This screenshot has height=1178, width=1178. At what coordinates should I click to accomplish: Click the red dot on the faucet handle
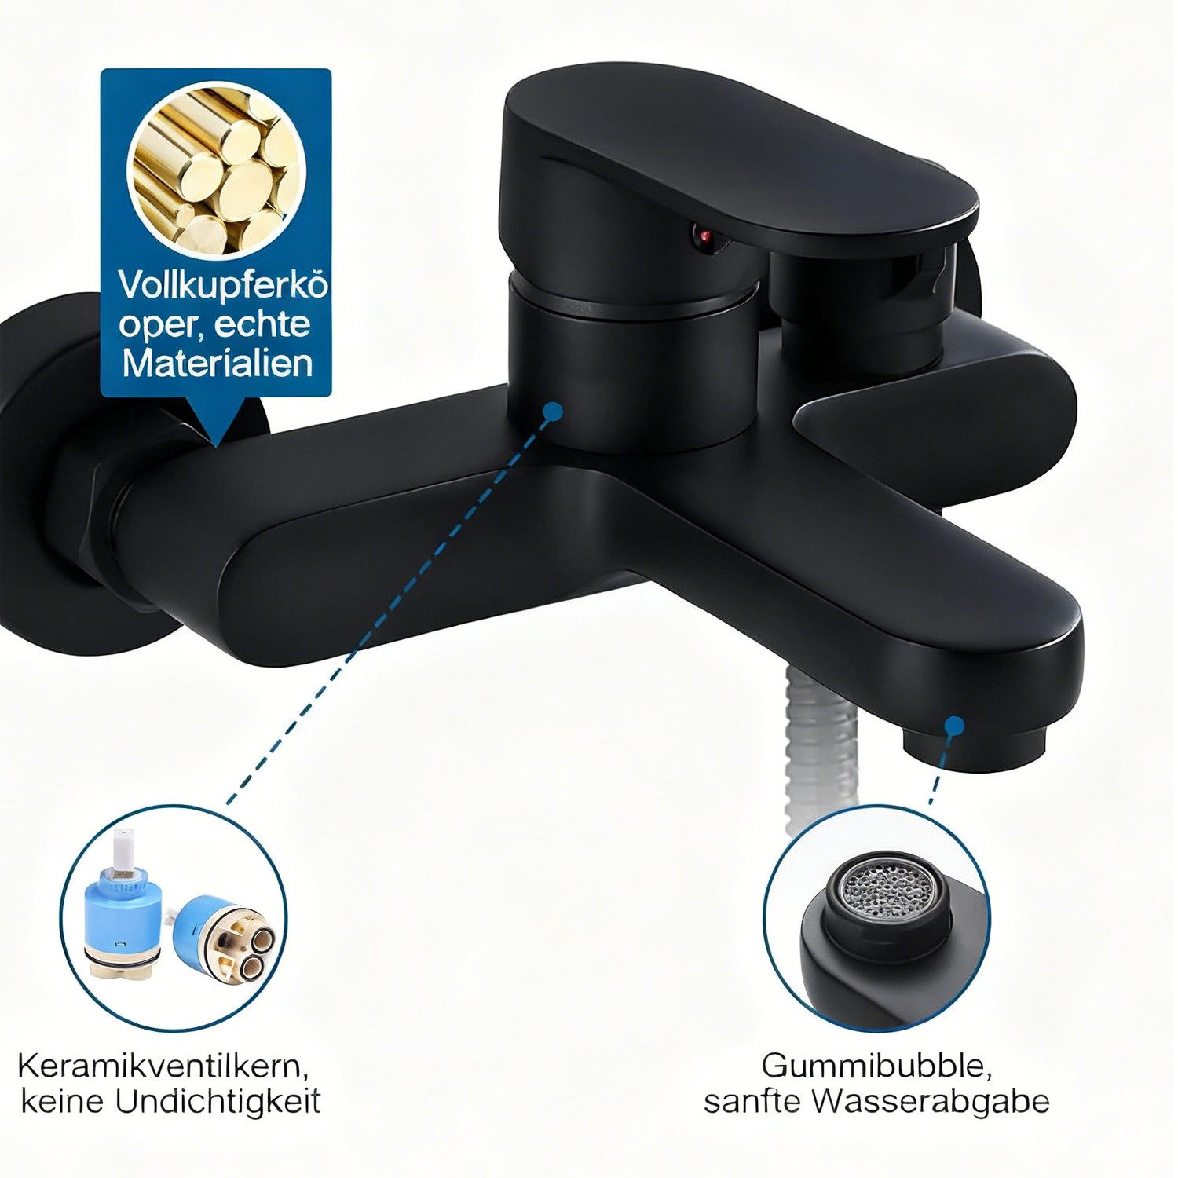703,234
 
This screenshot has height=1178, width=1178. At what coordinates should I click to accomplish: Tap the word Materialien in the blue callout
218,364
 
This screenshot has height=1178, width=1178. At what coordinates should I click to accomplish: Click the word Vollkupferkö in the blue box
222,286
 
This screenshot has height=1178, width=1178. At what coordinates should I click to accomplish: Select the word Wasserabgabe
931,1101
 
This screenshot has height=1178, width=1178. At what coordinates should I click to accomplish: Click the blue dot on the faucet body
553,410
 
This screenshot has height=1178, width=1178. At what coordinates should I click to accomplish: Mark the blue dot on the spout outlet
954,725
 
